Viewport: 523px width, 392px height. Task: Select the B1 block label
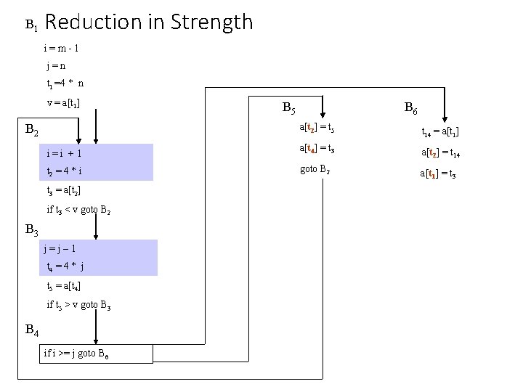[31, 25]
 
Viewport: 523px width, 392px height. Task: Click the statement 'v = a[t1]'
[63, 102]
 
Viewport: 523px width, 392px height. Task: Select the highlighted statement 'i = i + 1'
[63, 154]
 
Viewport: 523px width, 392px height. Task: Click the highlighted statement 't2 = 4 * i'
[63, 172]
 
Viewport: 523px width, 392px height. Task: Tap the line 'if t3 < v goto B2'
[78, 210]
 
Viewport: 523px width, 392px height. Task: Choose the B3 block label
[32, 230]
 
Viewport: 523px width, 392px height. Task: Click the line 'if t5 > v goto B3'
[78, 304]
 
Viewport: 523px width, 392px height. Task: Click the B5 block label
[288, 110]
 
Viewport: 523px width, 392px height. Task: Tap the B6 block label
[410, 110]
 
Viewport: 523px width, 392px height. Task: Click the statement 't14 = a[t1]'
[440, 132]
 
